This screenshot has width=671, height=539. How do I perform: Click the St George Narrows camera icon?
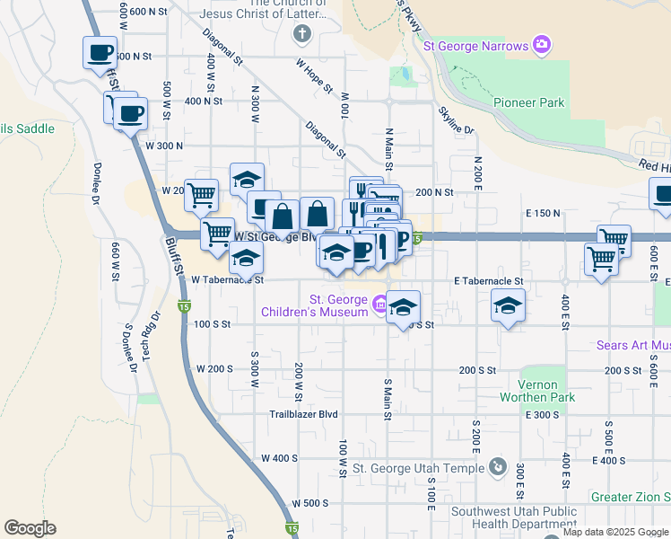(541, 44)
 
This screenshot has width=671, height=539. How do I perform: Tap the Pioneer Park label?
(528, 102)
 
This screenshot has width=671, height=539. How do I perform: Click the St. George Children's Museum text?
(338, 305)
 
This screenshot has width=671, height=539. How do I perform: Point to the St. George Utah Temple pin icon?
(498, 467)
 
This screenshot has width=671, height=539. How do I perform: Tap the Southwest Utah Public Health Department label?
(513, 517)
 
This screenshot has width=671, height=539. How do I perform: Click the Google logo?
(30, 528)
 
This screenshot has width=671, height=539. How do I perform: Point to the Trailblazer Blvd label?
(304, 414)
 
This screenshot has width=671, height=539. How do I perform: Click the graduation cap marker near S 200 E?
(508, 306)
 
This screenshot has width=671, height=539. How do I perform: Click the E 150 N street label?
(544, 213)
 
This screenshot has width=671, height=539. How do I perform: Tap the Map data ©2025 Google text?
(615, 532)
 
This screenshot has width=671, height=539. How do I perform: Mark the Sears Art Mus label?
(633, 345)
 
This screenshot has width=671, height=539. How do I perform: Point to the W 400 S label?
(279, 458)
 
